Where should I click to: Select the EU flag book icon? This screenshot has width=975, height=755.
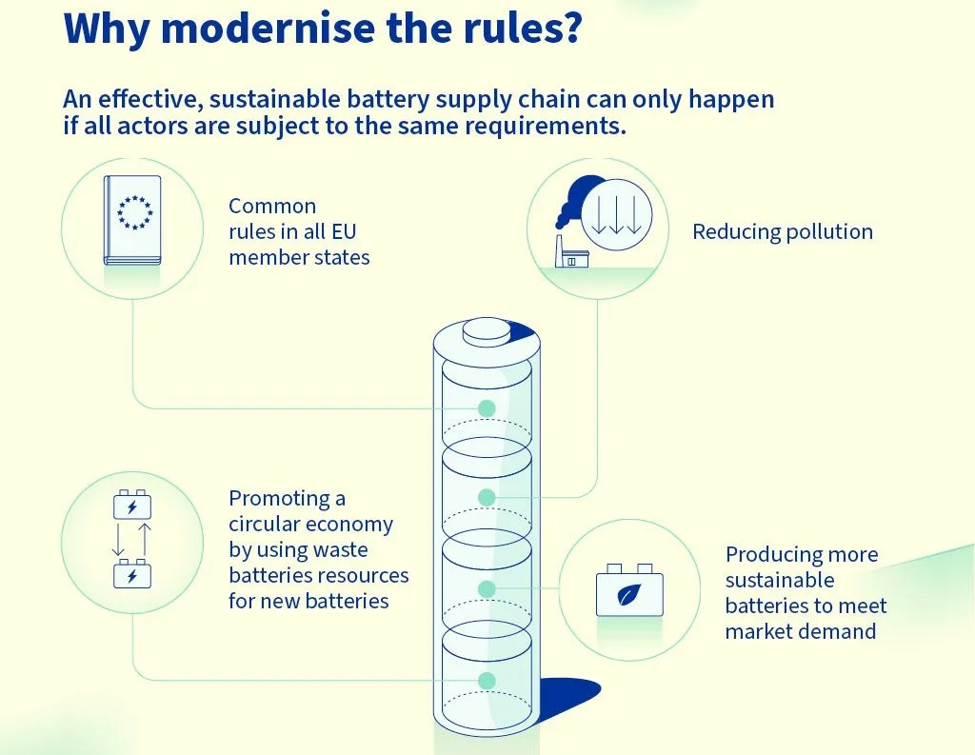[x=132, y=220]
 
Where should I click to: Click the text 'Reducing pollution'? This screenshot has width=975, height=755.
[x=782, y=231]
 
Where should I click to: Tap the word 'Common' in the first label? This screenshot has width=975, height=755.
[x=272, y=206]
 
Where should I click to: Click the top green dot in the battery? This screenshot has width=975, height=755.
[x=487, y=407]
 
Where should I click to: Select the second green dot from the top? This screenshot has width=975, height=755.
[x=487, y=497]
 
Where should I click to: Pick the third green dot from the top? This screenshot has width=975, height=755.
[x=487, y=589]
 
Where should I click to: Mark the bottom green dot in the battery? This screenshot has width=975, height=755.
[x=487, y=680]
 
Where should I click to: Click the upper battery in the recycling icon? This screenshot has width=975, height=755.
[x=132, y=505]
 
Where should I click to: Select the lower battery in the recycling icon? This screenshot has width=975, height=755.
[x=132, y=575]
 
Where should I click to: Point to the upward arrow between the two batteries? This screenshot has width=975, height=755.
[x=145, y=539]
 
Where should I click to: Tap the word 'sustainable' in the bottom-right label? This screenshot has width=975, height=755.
[x=779, y=580]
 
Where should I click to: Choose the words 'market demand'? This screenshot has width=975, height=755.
[x=800, y=631]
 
